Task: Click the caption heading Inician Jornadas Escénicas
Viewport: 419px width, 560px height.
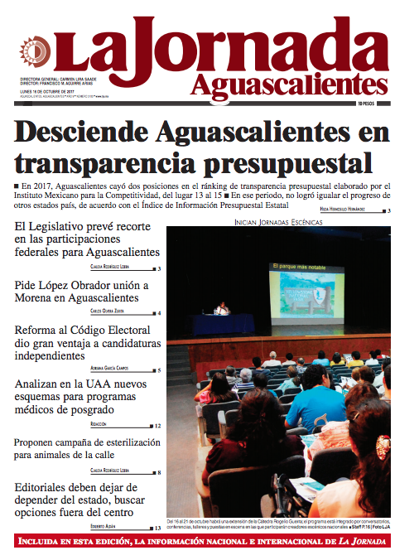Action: pyautogui.click(x=277, y=222)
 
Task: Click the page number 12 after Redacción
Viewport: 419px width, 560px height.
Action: pyautogui.click(x=157, y=426)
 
